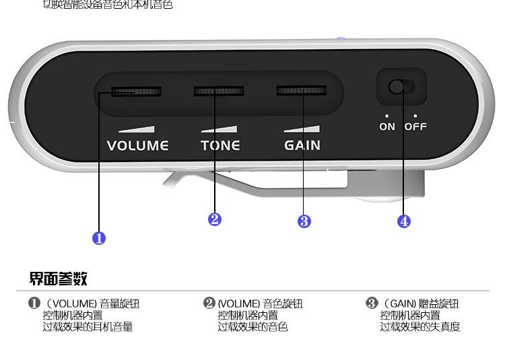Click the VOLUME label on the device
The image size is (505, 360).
click(137, 145)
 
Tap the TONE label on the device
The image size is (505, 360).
click(220, 145)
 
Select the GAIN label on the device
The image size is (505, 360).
click(302, 145)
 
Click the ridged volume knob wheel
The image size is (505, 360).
click(136, 92)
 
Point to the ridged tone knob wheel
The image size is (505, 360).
click(219, 91)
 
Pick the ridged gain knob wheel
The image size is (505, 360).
click(302, 90)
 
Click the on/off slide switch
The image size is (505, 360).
click(401, 87)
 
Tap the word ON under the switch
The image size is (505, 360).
click(387, 127)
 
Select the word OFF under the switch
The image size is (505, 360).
click(415, 127)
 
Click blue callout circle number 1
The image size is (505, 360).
click(99, 238)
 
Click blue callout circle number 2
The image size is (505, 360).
click(215, 219)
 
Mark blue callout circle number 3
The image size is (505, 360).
click(304, 221)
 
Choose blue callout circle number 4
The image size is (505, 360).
click(404, 221)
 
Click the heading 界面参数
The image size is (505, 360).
click(58, 279)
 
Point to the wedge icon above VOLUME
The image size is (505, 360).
click(136, 129)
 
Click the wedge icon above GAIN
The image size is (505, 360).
click(301, 129)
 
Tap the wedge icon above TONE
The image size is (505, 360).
click(220, 129)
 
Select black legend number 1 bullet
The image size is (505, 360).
click(34, 303)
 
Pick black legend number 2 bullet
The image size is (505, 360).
click(209, 303)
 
